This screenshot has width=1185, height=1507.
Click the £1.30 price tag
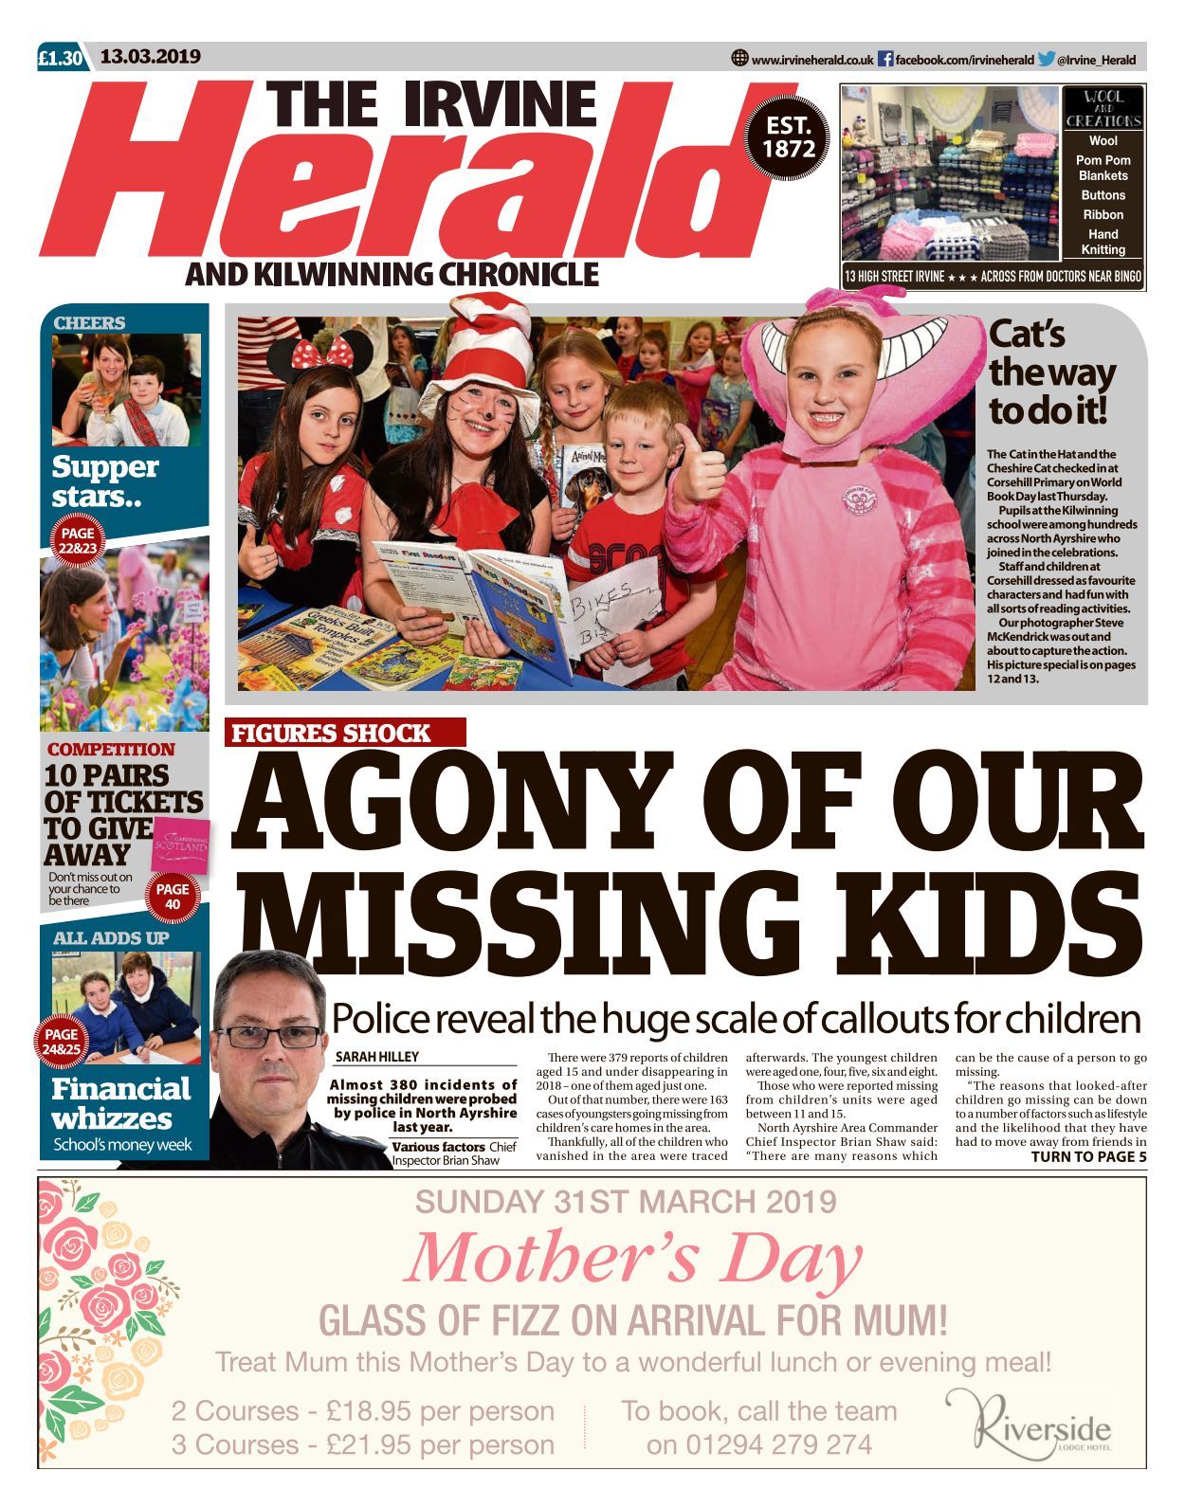[x=62, y=58]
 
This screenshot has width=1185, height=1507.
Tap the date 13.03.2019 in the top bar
[x=151, y=57]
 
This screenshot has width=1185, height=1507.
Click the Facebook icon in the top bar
[x=884, y=59]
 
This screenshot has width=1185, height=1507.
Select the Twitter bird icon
[x=1046, y=59]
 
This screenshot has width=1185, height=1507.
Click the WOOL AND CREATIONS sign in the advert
[x=1103, y=108]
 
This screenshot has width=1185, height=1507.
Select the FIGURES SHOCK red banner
[x=346, y=733]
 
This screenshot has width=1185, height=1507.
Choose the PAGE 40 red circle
[x=173, y=897]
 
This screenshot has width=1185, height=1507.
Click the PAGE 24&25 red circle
[x=62, y=1042]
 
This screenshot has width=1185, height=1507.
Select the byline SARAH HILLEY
[x=376, y=1057]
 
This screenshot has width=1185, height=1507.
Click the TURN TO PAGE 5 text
[x=1087, y=1156]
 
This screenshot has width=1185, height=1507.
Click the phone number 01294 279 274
[x=758, y=1444]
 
